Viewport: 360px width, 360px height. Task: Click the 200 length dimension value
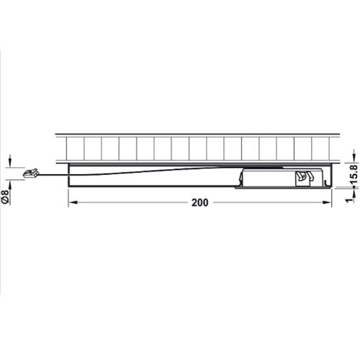tap(200, 203)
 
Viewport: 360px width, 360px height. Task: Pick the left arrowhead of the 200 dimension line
tap(72, 204)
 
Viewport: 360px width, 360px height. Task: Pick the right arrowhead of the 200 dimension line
tap(333, 204)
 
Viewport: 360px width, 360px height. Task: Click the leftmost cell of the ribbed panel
tap(75, 148)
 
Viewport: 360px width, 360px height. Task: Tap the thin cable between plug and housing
tap(54, 176)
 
